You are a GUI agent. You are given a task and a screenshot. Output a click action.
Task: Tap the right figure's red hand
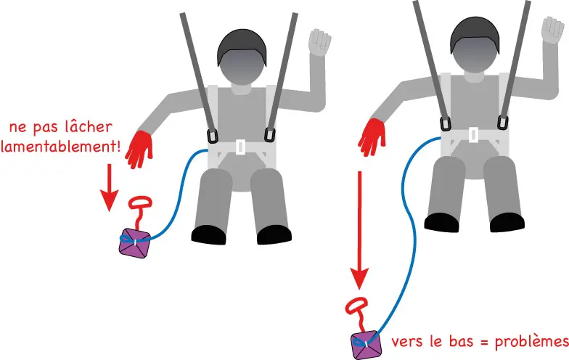372,138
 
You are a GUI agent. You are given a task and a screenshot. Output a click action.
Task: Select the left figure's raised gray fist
319,42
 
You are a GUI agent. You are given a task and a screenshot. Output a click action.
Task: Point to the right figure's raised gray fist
553,30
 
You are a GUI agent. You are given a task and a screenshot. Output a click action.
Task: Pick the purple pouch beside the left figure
135,243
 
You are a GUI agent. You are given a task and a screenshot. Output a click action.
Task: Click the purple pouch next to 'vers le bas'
366,345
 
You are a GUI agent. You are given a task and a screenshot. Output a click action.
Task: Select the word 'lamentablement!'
61,147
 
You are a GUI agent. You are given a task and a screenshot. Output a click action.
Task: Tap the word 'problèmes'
532,341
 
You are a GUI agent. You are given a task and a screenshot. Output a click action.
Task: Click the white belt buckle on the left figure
240,147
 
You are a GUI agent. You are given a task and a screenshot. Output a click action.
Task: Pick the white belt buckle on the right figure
473,135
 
